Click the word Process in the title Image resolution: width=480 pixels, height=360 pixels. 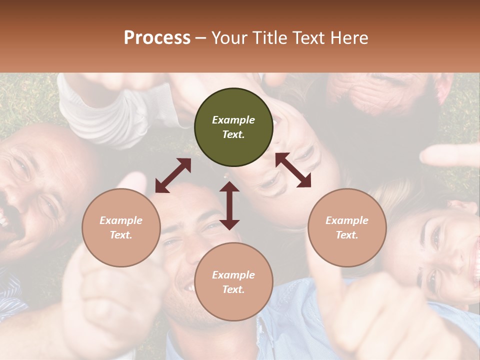coord(157,38)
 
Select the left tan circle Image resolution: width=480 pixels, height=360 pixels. coord(121,227)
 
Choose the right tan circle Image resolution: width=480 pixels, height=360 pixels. coord(347,227)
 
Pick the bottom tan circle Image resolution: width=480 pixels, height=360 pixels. coord(233,281)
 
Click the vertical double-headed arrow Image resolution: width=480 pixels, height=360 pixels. coord(229,205)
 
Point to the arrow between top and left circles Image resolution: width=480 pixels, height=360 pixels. coord(173,175)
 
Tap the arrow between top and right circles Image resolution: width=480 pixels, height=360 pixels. coord(293,170)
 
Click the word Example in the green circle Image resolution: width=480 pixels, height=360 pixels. coord(233,120)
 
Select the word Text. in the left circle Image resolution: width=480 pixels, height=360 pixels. coord(121,235)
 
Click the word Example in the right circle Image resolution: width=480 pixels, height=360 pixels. coord(347,220)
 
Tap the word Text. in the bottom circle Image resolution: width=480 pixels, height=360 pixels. coord(233,289)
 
